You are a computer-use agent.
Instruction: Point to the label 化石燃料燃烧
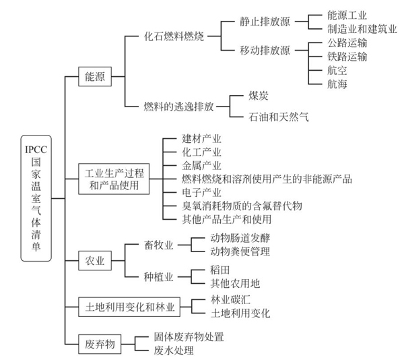pos(174,34)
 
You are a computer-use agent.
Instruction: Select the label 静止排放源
pos(264,20)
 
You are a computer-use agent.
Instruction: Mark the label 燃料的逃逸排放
pos(179,106)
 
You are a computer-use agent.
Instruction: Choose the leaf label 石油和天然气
pos(278,117)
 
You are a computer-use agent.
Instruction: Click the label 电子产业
pos(201,193)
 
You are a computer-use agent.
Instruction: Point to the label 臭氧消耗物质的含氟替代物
pos(242,205)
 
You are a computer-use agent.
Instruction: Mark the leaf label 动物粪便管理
pos(240,251)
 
